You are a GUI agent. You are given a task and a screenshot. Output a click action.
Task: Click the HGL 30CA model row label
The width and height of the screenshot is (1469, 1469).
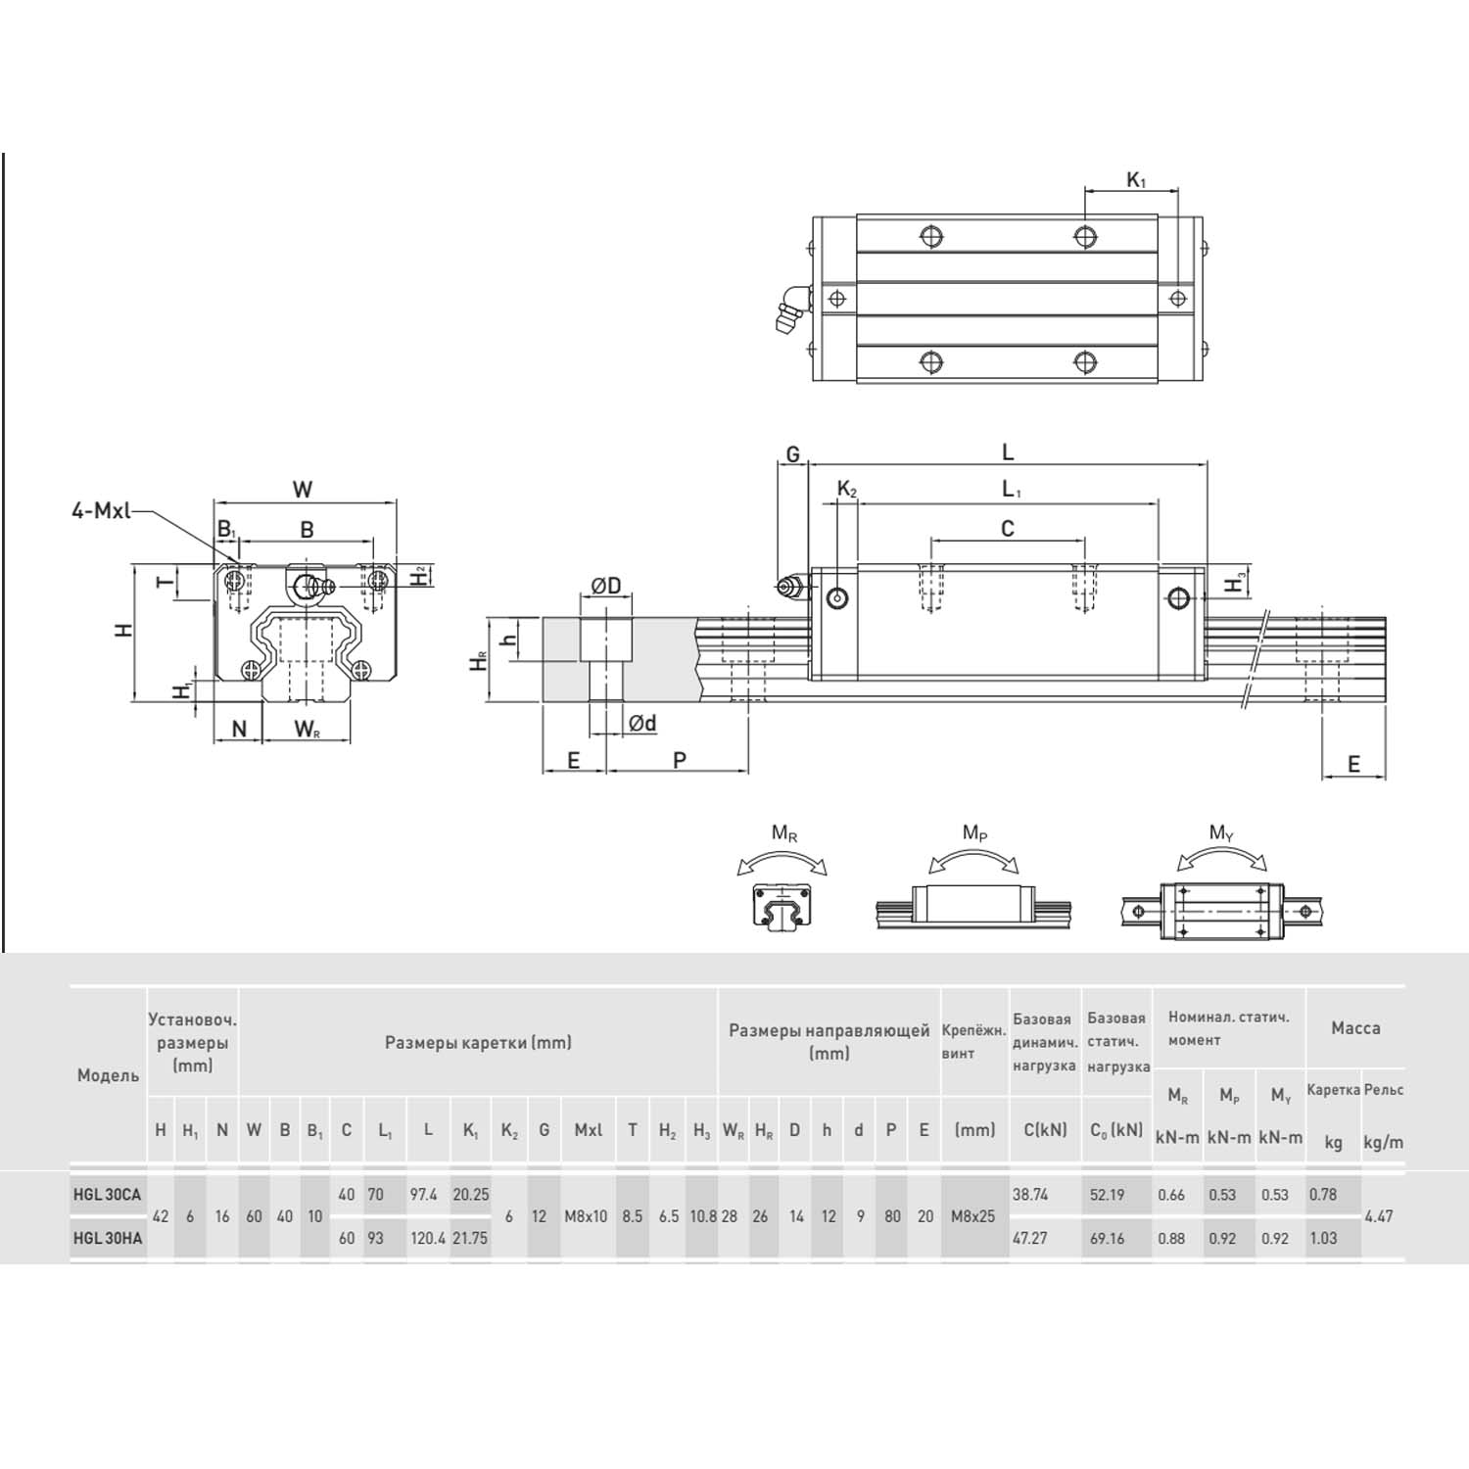[107, 1195]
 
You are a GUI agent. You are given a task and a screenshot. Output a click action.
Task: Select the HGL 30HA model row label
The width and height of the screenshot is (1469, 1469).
[107, 1238]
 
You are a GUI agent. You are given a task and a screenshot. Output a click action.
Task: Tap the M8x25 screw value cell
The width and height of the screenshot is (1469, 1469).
[972, 1216]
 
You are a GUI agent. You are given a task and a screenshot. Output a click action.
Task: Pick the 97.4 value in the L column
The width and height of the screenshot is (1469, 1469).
[424, 1195]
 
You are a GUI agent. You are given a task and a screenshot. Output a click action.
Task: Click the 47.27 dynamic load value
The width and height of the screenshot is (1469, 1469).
[1030, 1238]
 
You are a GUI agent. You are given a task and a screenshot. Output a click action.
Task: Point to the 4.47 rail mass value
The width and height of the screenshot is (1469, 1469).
[1379, 1216]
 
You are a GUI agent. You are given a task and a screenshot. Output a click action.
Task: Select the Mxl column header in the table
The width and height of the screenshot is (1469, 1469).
[588, 1130]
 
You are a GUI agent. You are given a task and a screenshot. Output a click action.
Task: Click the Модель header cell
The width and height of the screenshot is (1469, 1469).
[108, 1075]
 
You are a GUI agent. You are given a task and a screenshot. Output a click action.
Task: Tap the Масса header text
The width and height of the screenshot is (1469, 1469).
[1355, 1028]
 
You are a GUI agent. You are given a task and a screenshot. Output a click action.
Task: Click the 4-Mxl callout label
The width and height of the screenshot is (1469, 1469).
[101, 510]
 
